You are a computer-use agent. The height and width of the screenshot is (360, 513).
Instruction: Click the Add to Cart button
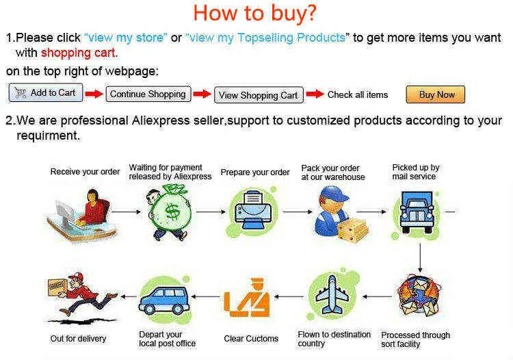pyautogui.click(x=46, y=92)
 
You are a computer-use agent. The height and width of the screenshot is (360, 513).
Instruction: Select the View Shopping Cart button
pyautogui.click(x=259, y=95)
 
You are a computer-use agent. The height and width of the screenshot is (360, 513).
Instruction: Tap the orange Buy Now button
pyautogui.click(x=436, y=94)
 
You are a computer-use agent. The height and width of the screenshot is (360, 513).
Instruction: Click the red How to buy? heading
pyautogui.click(x=255, y=13)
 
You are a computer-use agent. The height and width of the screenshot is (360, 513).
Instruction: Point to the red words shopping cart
pyautogui.click(x=79, y=53)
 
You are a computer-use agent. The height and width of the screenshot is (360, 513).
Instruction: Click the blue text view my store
pyautogui.click(x=126, y=38)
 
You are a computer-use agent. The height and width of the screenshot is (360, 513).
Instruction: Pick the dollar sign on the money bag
pyautogui.click(x=172, y=212)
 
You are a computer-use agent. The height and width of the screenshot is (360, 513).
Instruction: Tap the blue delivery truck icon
pyautogui.click(x=417, y=212)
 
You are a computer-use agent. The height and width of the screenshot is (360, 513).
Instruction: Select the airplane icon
pyautogui.click(x=332, y=294)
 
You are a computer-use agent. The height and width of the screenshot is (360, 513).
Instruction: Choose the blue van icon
pyautogui.click(x=164, y=300)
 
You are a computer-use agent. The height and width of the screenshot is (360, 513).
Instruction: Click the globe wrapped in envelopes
pyautogui.click(x=419, y=296)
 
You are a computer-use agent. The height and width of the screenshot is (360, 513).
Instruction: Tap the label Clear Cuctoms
pyautogui.click(x=251, y=338)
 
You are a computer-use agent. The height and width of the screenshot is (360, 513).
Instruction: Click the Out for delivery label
pyautogui.click(x=78, y=338)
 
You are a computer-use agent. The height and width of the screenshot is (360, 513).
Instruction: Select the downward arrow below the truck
pyautogui.click(x=420, y=257)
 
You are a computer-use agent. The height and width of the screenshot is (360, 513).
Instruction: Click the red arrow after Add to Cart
pyautogui.click(x=94, y=94)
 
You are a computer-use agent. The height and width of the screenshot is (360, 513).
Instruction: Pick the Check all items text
pyautogui.click(x=358, y=94)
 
